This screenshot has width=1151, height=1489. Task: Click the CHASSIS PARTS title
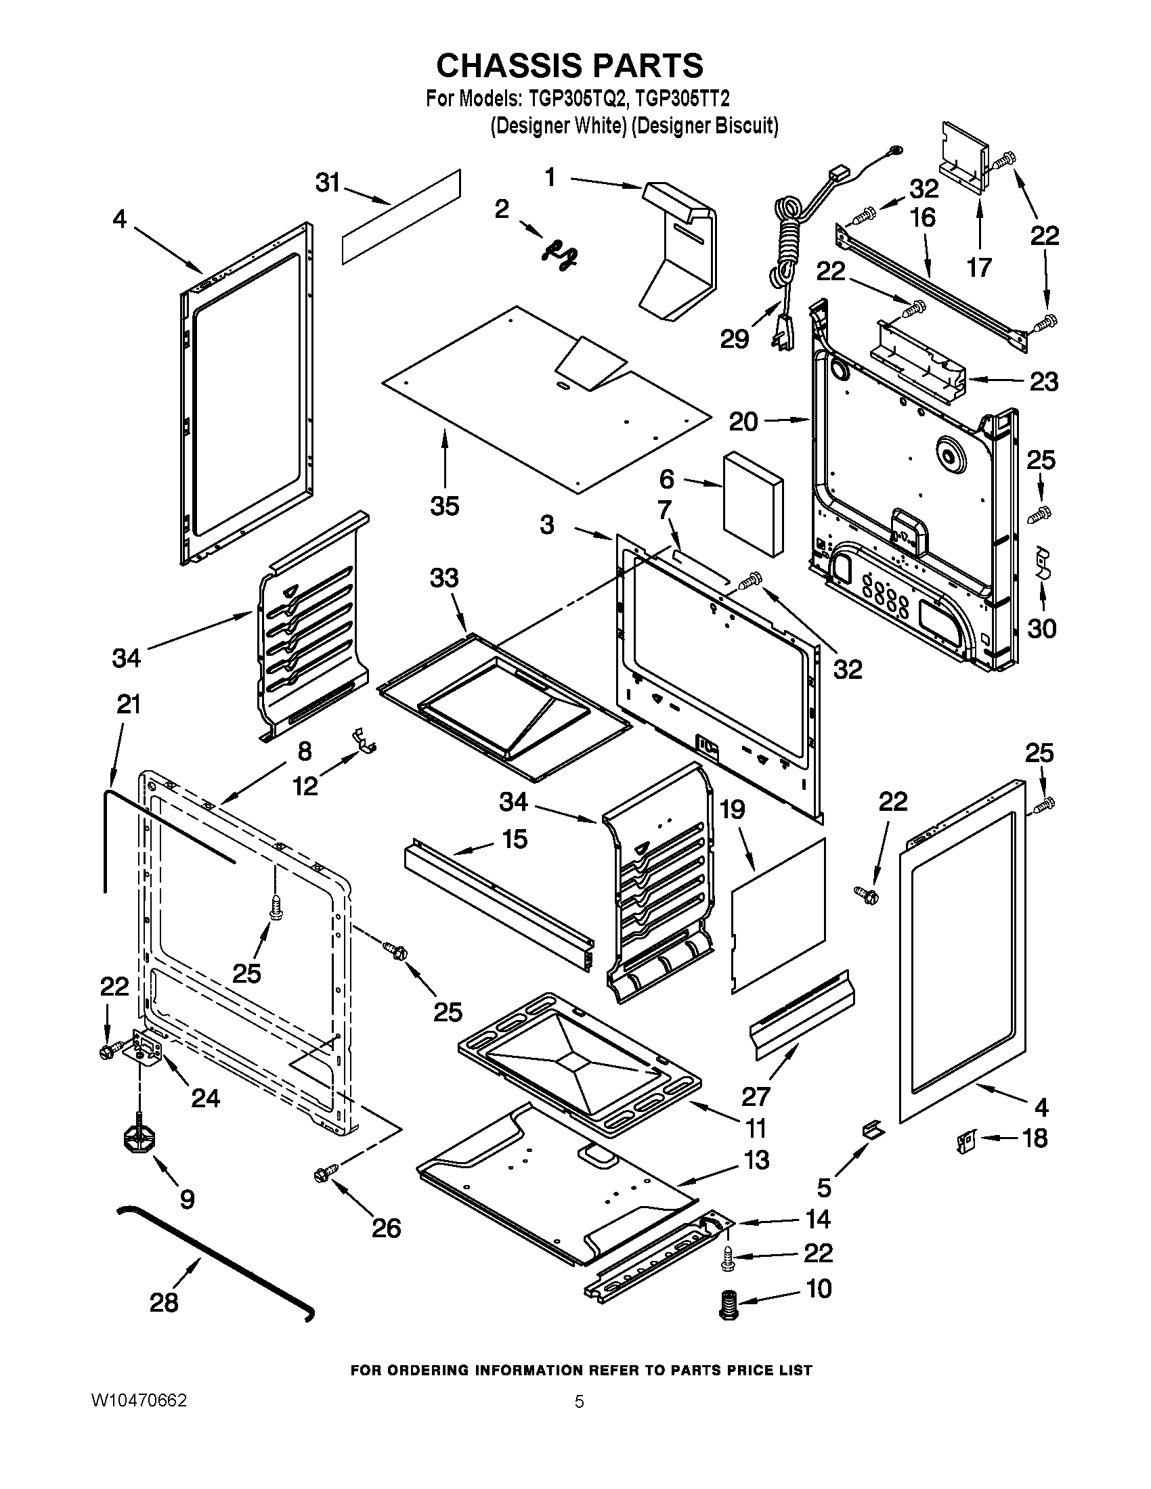coord(569,66)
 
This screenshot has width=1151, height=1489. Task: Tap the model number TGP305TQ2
coord(576,100)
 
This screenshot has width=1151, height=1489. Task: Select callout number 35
coord(445,506)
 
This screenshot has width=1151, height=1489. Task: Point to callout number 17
coord(979,267)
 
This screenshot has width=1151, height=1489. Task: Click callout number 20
coord(743,422)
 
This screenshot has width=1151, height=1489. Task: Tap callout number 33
coord(444,578)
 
